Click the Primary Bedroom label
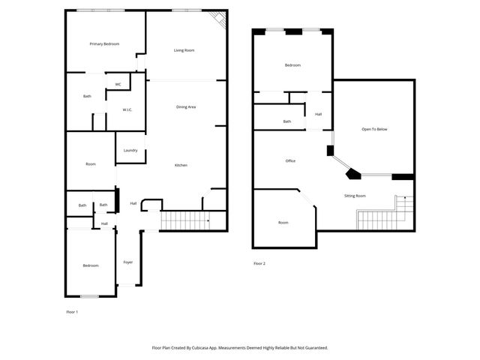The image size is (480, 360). point(104,44)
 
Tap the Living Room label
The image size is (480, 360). point(184,50)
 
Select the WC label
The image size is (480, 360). point(118,84)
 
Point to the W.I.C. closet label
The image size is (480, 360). point(127,109)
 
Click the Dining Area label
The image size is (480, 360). point(186,107)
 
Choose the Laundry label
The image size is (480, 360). point(130,150)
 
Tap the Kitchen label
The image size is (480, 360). point(181,165)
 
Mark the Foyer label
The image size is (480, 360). point(127,262)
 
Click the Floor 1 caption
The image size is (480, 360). point(72,311)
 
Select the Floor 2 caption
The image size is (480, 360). point(259,263)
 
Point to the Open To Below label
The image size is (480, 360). point(374,129)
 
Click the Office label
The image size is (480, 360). point(290,160)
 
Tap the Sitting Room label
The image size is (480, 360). point(355,196)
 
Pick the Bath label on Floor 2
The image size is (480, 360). point(287,121)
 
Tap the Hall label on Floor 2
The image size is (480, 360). point(318,114)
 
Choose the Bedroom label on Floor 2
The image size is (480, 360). point(292,65)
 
